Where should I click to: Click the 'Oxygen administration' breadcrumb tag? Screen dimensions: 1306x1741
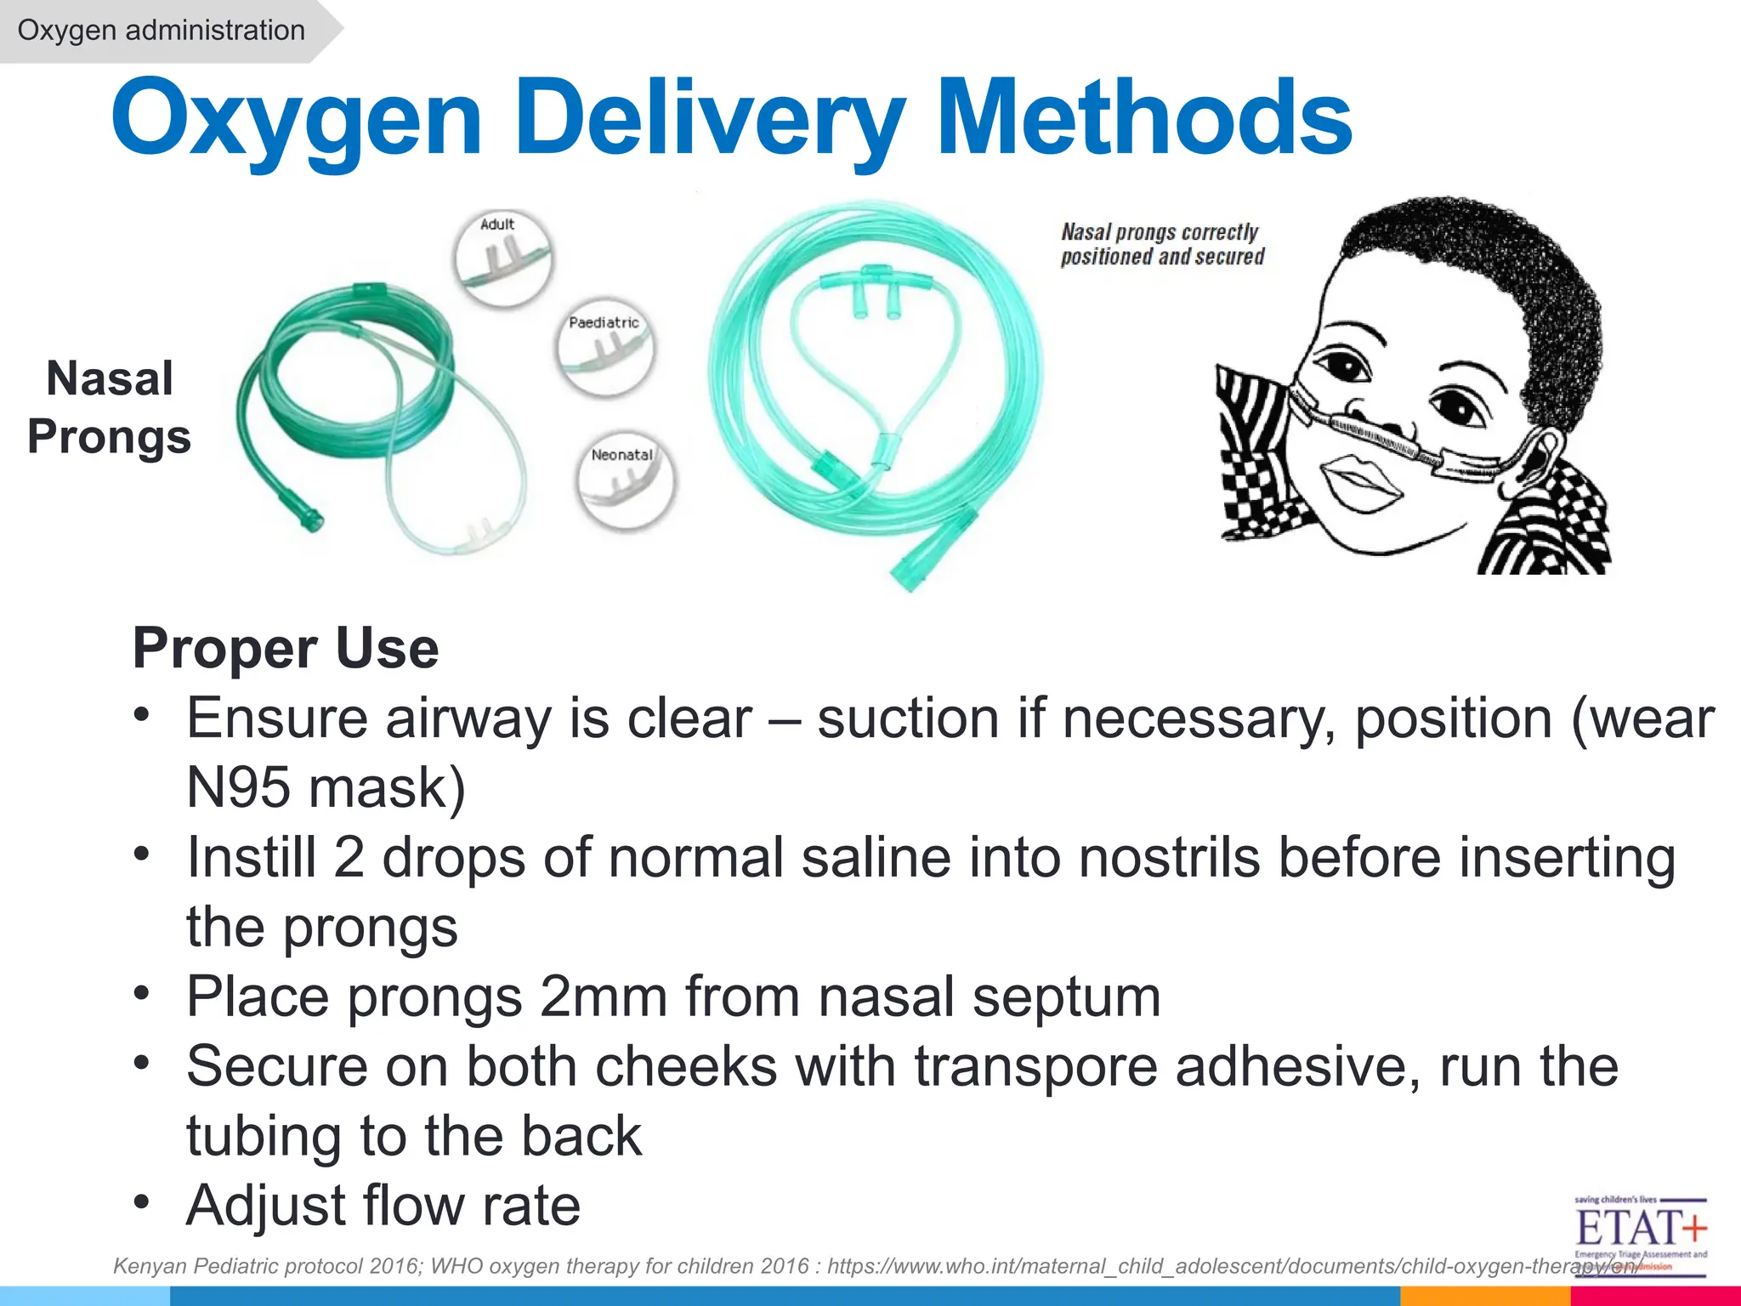point(161,31)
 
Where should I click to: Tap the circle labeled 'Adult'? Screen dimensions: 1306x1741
point(502,257)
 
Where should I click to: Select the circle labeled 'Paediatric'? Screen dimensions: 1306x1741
point(605,349)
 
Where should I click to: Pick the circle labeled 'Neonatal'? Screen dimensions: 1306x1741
point(626,480)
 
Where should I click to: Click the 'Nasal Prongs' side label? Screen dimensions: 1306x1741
point(110,407)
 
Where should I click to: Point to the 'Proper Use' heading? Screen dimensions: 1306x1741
point(286,648)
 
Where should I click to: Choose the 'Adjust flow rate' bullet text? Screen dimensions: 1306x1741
point(383,1206)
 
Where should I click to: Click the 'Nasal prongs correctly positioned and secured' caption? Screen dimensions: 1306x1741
point(1162,244)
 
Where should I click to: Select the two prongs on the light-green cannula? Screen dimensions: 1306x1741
point(876,298)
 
